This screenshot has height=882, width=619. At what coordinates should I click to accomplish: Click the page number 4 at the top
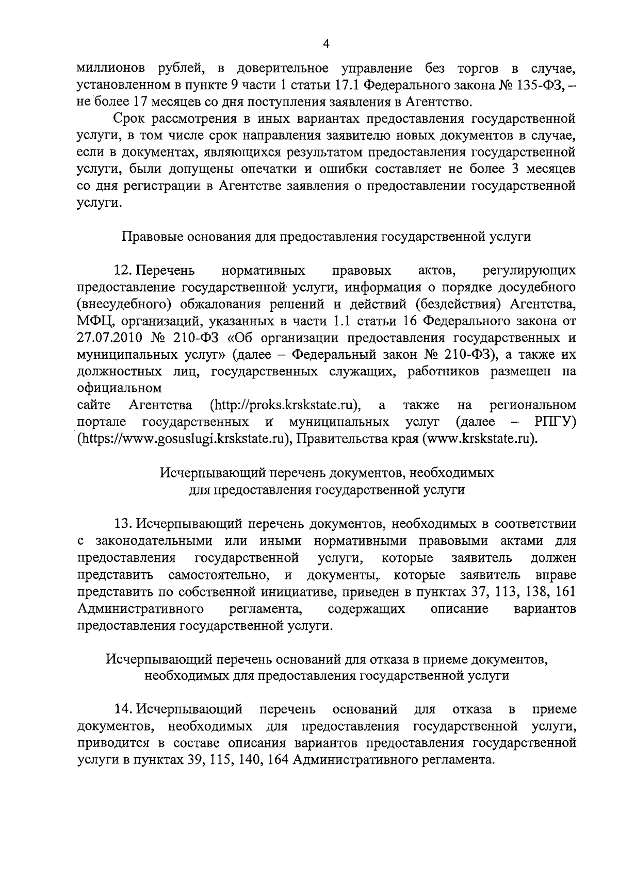click(325, 45)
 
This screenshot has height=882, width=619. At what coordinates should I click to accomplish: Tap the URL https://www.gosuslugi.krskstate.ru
click(182, 439)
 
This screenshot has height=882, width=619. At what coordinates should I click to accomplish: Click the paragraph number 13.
click(124, 524)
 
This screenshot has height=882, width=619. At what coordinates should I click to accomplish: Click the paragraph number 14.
click(124, 709)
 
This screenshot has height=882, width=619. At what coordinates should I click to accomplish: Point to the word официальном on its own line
click(119, 387)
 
